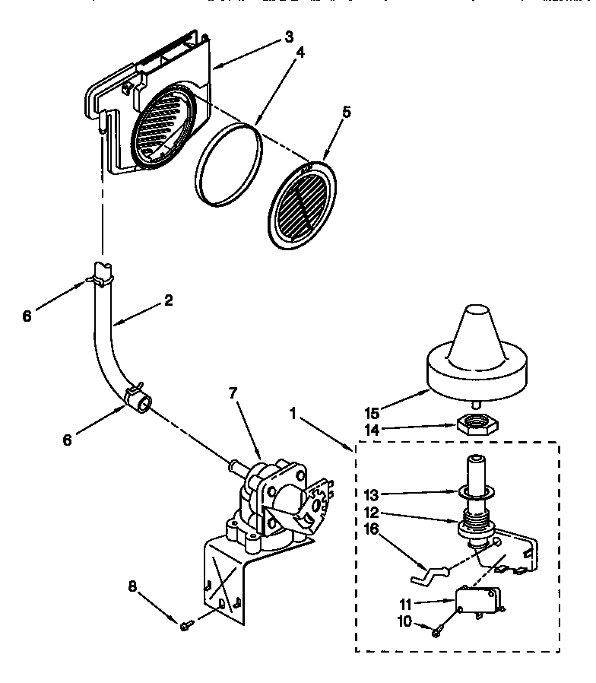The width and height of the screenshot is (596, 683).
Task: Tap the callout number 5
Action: click(347, 112)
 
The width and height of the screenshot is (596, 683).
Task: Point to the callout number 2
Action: click(168, 300)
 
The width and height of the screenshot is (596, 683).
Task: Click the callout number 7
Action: click(233, 392)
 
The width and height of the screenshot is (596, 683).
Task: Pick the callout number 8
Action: click(133, 586)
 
